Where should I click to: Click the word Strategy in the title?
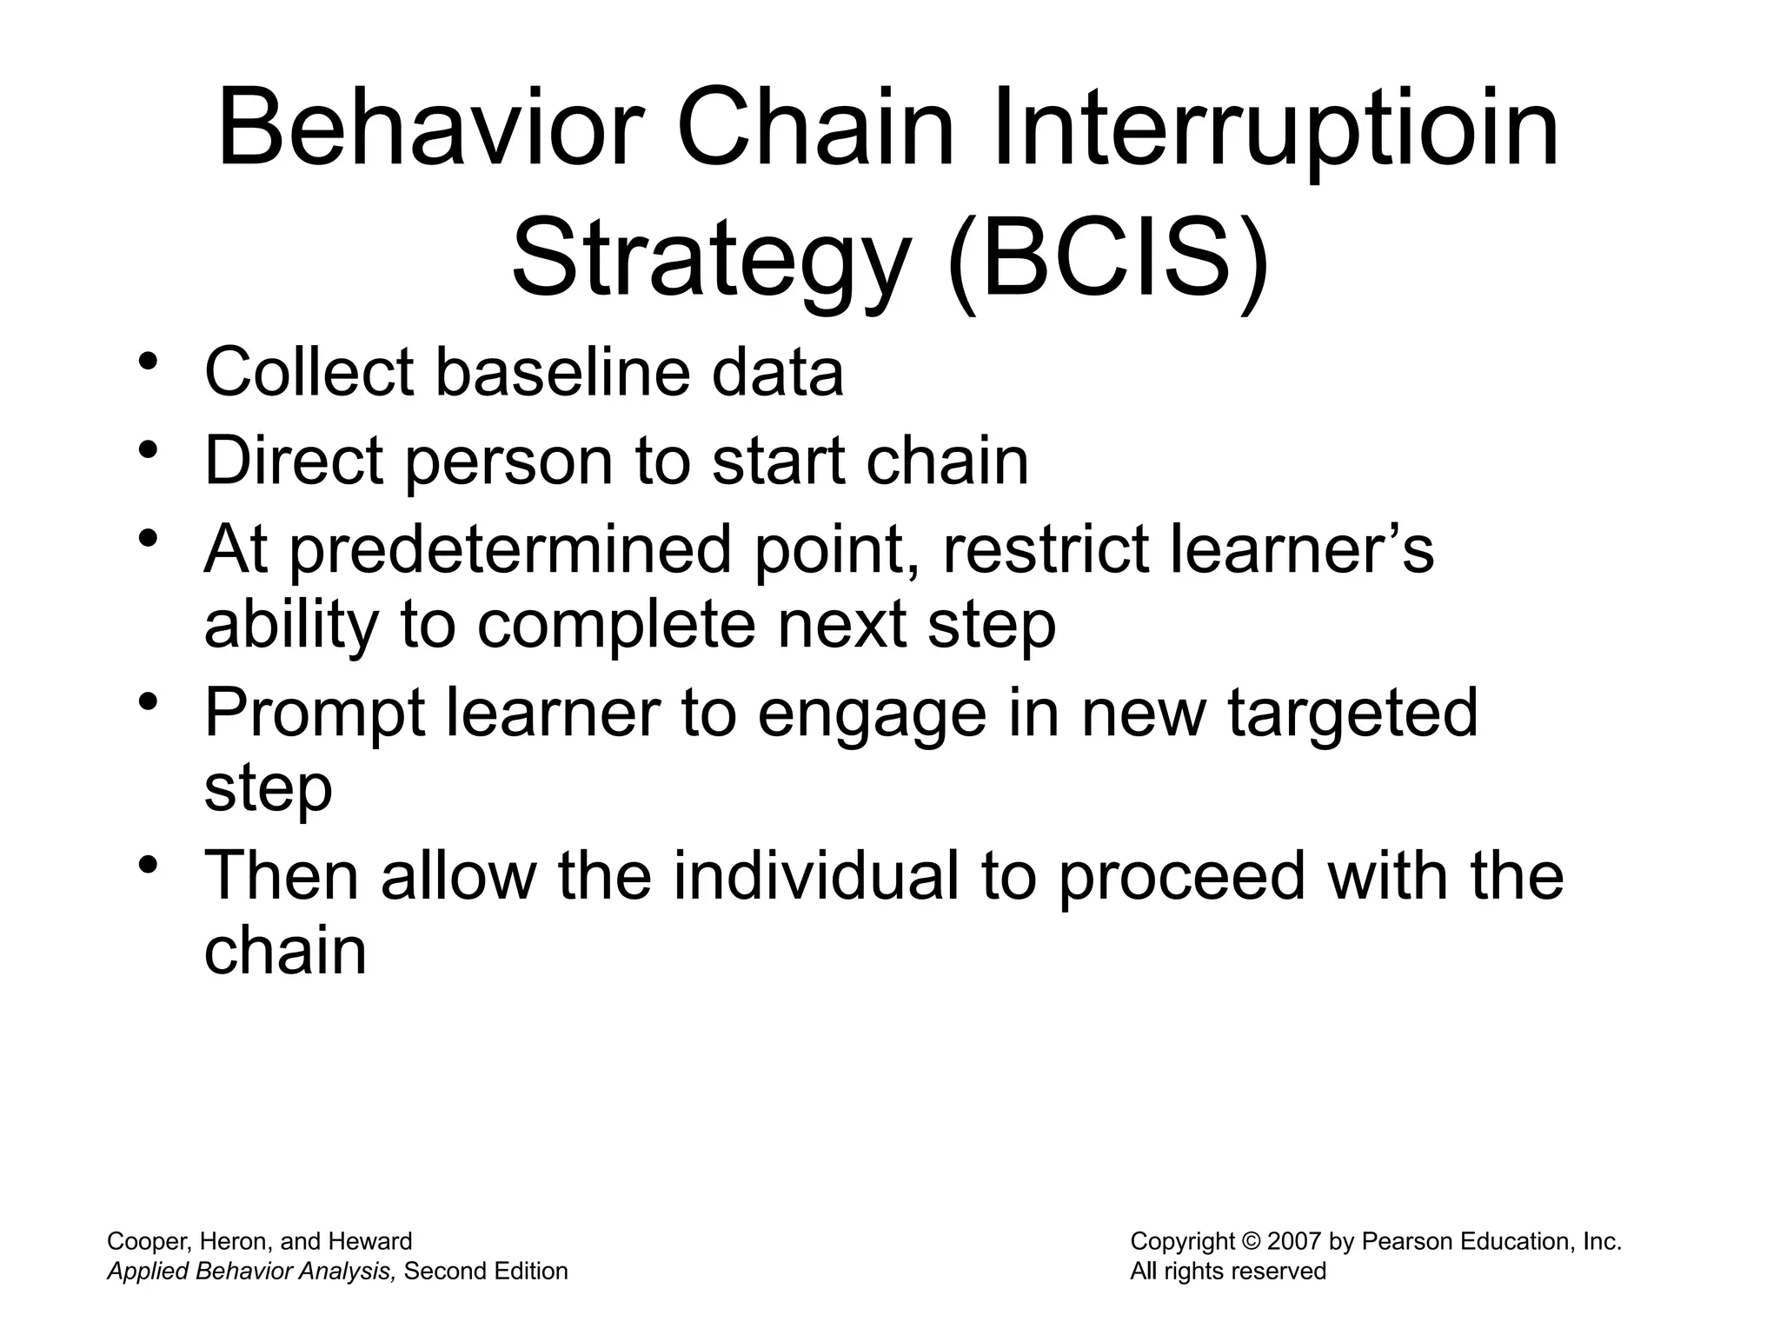[x=709, y=260]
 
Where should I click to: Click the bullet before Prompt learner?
[x=149, y=701]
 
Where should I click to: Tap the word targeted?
[x=1352, y=713]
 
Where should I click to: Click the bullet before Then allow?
[x=149, y=864]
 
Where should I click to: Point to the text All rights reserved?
[x=1227, y=1271]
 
